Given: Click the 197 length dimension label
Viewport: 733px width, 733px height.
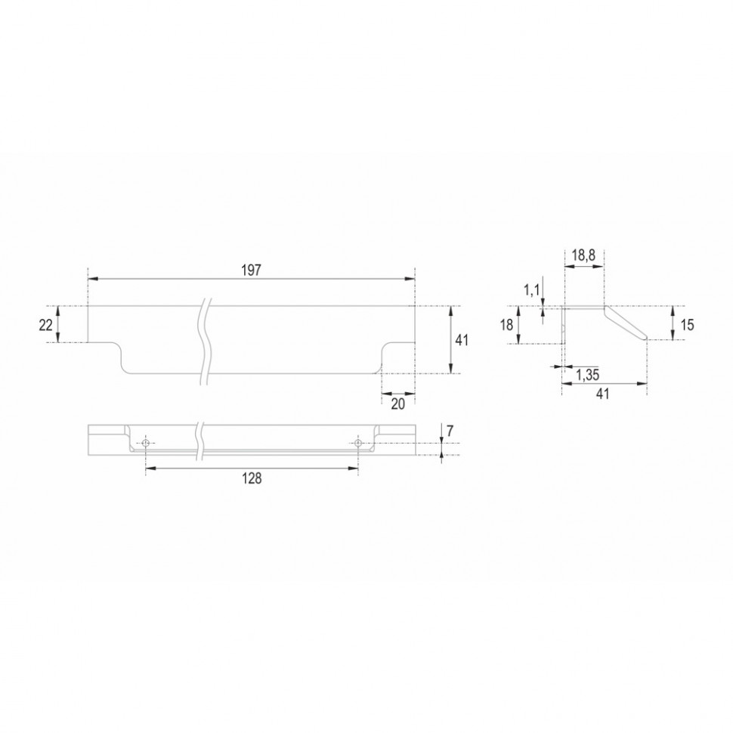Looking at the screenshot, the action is point(251,271).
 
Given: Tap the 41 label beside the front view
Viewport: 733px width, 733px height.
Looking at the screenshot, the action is point(462,340).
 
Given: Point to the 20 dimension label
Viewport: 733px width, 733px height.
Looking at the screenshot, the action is point(397,404).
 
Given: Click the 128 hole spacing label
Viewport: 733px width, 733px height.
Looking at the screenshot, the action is point(252,478).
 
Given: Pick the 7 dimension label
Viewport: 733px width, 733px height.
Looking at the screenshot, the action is point(450,431).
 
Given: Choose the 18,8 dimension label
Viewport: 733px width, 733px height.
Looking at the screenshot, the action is point(583,255).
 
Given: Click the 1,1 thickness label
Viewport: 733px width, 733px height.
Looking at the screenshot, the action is point(531,290).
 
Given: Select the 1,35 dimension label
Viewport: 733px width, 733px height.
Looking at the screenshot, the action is point(588,375).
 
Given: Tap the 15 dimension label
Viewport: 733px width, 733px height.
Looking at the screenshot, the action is point(687,324).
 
